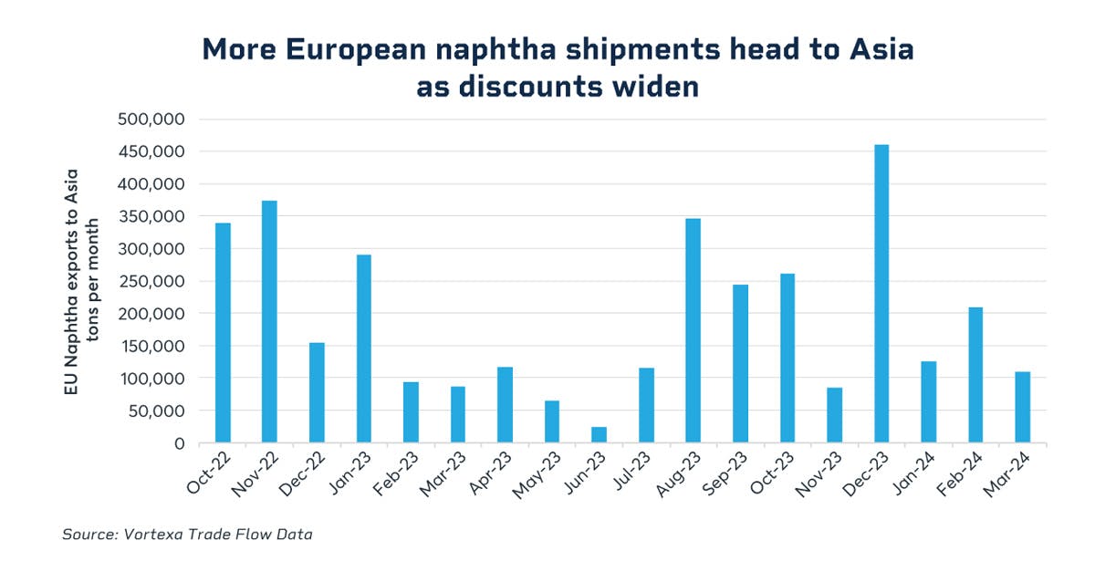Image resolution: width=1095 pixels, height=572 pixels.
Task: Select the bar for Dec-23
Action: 881,294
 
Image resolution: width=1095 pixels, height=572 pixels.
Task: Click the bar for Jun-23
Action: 599,435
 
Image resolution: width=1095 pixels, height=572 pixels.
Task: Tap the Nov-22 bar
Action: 269,322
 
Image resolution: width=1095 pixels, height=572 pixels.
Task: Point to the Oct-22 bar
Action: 223,333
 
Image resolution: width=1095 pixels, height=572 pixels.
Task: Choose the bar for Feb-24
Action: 975,375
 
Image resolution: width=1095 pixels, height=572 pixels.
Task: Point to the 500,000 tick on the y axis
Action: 151,120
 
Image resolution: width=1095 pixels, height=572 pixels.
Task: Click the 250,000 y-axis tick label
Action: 151,281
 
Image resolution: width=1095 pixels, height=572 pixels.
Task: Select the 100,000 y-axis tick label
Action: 151,379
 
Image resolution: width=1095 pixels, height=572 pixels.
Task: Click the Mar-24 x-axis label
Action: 1007,474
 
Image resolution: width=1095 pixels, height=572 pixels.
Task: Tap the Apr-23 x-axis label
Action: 490,474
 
